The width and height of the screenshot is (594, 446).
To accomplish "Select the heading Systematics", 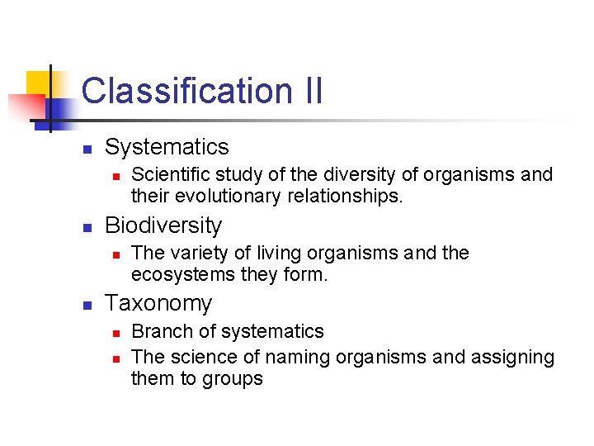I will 167,147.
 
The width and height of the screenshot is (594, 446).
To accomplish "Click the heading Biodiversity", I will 163,225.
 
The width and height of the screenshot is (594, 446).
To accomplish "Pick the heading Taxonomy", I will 158,303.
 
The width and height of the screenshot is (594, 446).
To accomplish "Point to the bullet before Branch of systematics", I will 116,333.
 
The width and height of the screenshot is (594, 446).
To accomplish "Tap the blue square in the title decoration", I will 59,108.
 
